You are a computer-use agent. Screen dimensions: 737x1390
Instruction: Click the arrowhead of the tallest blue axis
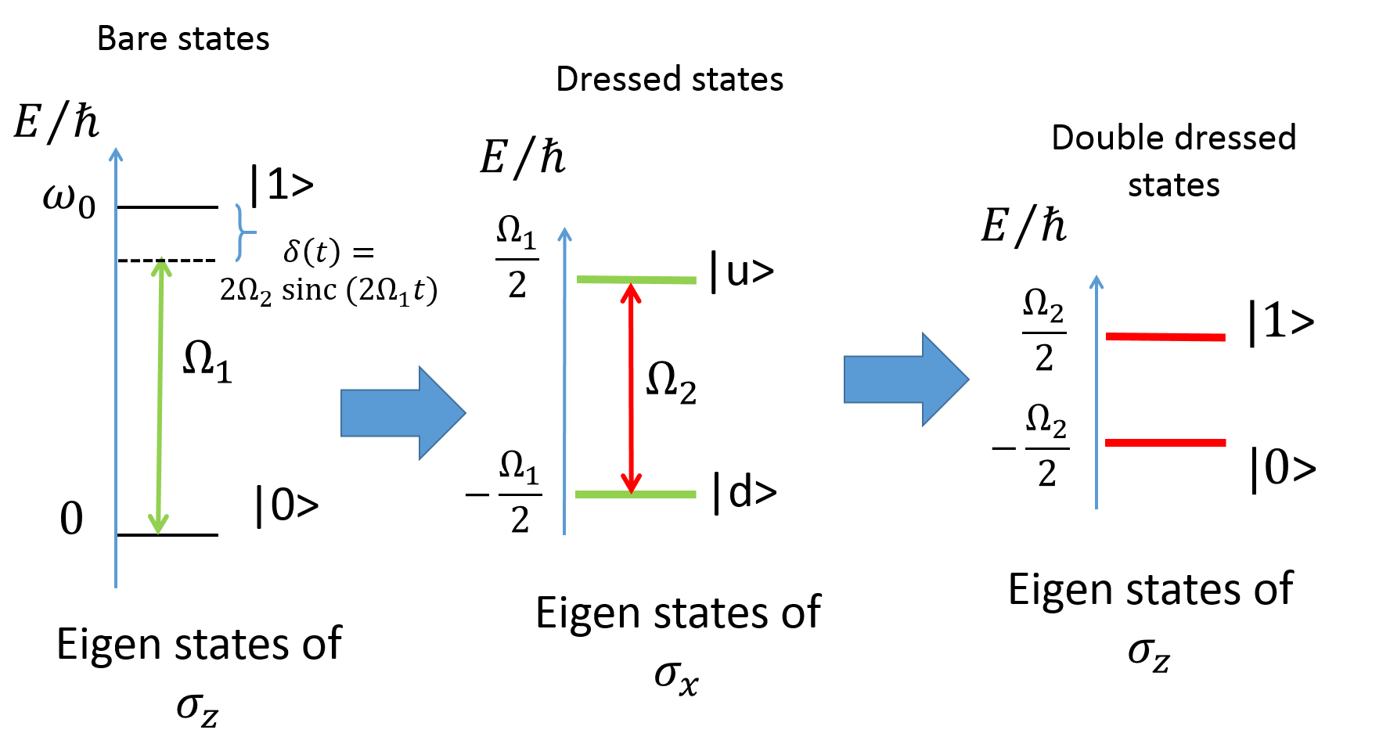point(116,153)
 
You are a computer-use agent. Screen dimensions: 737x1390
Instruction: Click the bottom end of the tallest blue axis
point(116,585)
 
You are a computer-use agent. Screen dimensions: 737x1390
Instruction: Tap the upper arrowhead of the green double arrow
point(161,268)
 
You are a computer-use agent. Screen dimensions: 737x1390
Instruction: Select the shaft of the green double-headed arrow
point(160,395)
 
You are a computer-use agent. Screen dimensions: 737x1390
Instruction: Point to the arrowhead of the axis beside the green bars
point(564,233)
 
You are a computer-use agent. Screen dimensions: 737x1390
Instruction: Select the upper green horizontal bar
point(636,279)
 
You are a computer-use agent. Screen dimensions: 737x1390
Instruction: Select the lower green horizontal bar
point(636,494)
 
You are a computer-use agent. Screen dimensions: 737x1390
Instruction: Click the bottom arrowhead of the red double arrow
point(631,484)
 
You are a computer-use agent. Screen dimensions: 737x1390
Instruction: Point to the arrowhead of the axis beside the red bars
point(1097,281)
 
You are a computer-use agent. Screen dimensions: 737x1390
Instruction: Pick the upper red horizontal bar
point(1165,337)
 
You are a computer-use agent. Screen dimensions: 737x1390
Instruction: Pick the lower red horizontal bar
point(1165,443)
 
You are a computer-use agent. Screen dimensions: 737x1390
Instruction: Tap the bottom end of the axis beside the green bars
point(564,532)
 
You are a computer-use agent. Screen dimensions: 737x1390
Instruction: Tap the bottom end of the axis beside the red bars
point(1097,507)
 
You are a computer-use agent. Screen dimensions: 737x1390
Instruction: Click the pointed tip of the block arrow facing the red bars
point(967,379)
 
